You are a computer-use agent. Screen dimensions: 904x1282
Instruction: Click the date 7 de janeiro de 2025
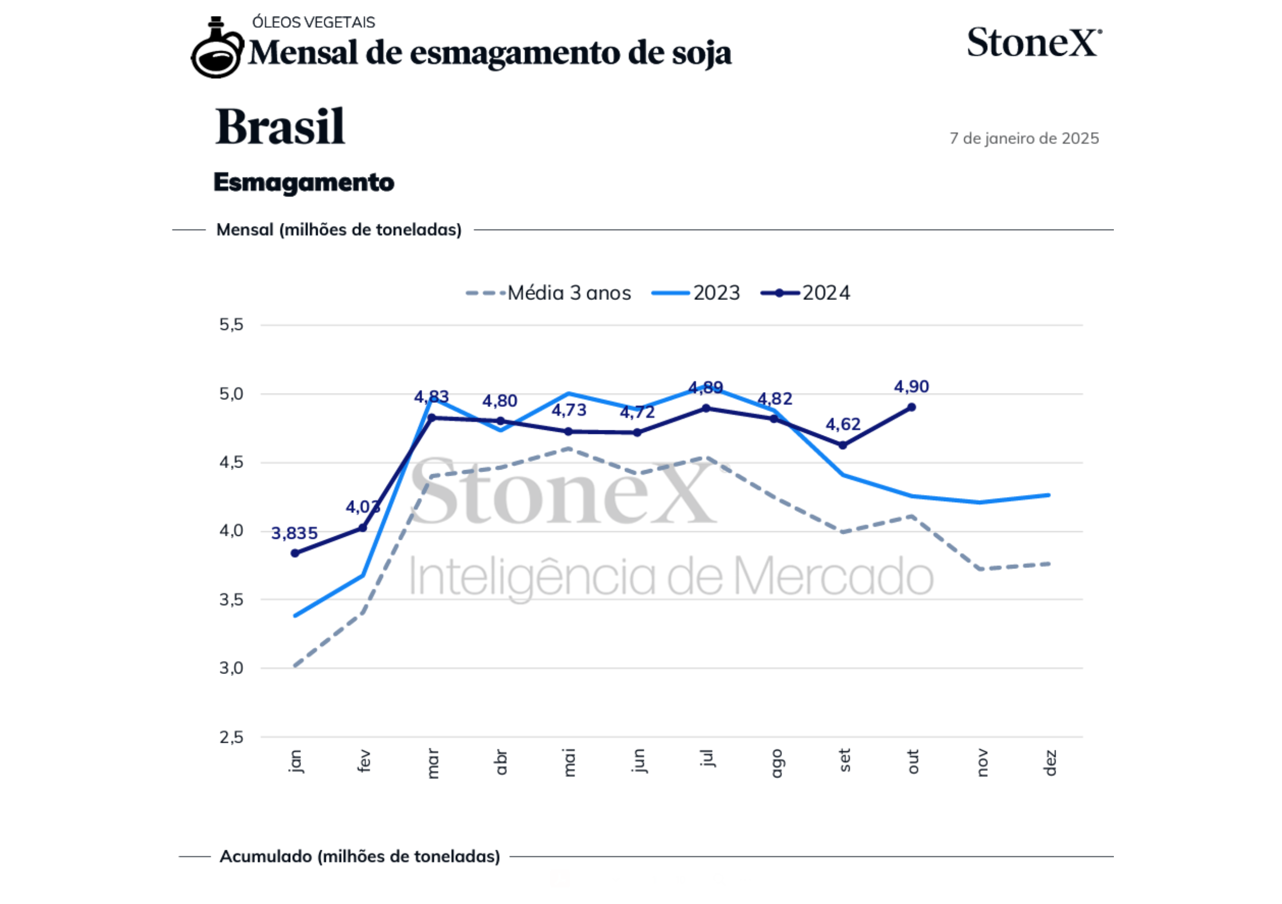point(1024,139)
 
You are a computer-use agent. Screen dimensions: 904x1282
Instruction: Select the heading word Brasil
point(280,127)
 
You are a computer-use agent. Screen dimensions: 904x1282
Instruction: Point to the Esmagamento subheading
point(304,183)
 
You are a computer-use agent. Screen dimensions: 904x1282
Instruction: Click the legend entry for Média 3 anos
point(548,293)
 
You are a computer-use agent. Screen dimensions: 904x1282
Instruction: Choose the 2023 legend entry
point(696,293)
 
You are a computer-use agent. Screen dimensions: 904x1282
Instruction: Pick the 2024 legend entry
point(806,293)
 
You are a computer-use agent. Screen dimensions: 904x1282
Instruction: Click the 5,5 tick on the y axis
point(231,325)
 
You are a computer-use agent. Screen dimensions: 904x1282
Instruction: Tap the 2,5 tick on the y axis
point(231,737)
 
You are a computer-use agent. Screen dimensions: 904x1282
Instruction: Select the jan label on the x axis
point(295,761)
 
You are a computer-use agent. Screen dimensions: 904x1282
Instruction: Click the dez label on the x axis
point(1050,763)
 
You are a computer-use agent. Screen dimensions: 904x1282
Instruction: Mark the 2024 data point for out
point(911,408)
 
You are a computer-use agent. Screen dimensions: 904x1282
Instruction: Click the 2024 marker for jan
point(295,553)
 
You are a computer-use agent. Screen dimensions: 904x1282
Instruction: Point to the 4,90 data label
point(911,387)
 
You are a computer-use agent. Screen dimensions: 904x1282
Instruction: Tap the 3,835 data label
point(294,534)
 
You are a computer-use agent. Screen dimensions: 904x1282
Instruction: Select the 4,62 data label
point(843,425)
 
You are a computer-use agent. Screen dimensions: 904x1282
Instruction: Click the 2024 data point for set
point(843,445)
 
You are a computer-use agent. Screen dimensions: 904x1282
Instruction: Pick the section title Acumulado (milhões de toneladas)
point(360,856)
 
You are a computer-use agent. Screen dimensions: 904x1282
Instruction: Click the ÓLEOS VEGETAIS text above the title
point(313,22)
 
